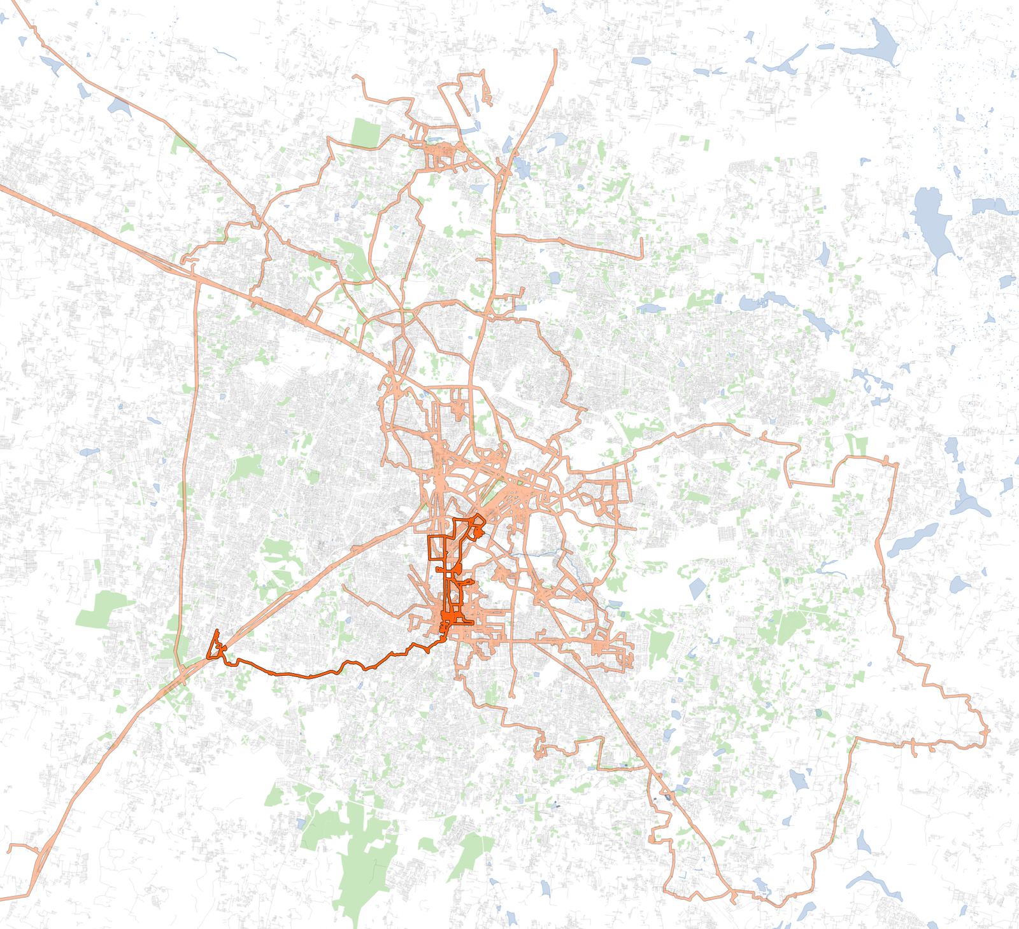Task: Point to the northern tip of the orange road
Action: [x=555, y=51]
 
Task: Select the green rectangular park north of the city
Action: [x=365, y=132]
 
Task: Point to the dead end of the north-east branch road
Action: [x=641, y=257]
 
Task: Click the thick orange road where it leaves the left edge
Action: [x=3, y=187]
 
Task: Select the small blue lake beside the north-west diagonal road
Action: [x=118, y=105]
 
